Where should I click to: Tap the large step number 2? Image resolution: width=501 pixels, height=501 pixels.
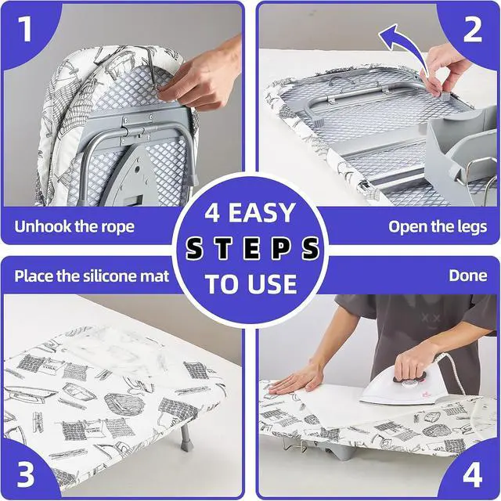pos(473,29)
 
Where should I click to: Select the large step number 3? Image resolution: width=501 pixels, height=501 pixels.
pos(25,474)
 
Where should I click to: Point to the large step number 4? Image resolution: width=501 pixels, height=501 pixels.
pos(473,474)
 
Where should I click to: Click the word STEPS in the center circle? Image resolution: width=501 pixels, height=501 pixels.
pos(252,248)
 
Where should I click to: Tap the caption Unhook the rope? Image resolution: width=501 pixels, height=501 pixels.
pos(74,226)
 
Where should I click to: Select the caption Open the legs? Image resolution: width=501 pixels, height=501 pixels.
pos(438,227)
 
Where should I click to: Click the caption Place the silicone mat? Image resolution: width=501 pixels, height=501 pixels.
pos(92,276)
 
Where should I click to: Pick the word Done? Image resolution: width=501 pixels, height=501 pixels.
pos(468,276)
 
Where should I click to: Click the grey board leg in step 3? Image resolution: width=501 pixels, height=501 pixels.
pos(185,437)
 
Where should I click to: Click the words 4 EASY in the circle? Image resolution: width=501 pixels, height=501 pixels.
pos(250,212)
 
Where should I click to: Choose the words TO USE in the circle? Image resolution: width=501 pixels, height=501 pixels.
pos(251,283)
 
